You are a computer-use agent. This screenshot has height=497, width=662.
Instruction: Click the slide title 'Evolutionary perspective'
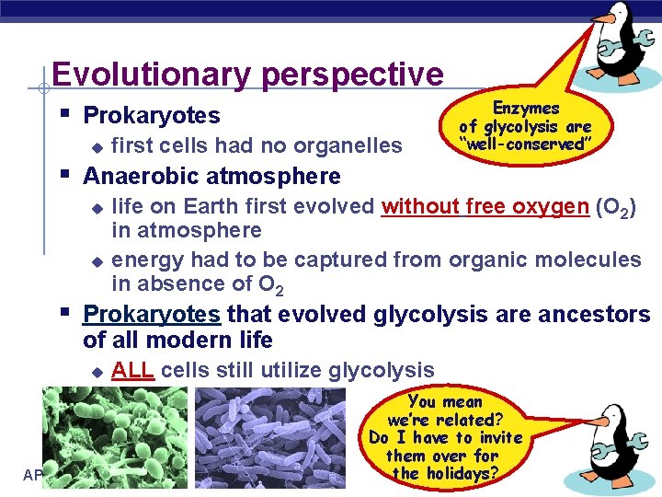pyautogui.click(x=247, y=74)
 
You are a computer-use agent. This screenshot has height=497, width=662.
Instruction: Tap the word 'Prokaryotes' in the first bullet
pyautogui.click(x=152, y=116)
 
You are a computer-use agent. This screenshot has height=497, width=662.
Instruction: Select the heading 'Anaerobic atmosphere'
pyautogui.click(x=211, y=176)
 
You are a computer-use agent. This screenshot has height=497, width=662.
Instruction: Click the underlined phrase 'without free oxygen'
pyautogui.click(x=485, y=206)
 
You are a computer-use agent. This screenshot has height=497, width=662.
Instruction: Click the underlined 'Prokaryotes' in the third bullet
pyautogui.click(x=152, y=315)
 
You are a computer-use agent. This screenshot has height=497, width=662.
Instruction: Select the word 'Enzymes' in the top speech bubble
pyautogui.click(x=526, y=109)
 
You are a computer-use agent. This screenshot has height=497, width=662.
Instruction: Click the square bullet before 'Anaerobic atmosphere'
pyautogui.click(x=63, y=173)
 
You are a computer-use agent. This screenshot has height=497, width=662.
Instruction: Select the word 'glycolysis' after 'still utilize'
pyautogui.click(x=385, y=371)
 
